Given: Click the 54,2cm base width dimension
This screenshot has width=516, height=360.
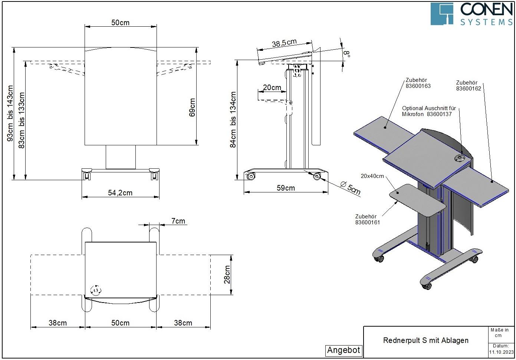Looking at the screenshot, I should (120, 193).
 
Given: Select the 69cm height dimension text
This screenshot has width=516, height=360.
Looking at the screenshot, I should (192, 108).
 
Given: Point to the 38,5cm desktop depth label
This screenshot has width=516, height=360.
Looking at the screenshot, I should (284, 43).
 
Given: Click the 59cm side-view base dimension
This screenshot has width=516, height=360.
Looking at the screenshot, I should (286, 188).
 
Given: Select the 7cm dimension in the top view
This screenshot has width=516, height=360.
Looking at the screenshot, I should (178, 221).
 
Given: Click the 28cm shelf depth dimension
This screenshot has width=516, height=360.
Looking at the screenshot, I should (227, 275).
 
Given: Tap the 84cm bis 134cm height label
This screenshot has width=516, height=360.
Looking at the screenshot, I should (233, 120).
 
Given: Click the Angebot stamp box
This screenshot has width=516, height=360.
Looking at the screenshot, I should (344, 350).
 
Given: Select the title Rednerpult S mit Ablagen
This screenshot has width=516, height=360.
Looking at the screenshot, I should (425, 340).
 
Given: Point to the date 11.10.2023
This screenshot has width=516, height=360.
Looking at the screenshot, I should (501, 352).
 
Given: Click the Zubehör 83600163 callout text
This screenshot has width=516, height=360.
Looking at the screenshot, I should (418, 83).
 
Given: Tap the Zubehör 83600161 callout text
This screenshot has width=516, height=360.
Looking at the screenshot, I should (367, 219).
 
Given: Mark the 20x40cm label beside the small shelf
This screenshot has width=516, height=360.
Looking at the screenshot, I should (372, 176).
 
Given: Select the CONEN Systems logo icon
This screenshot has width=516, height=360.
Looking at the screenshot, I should (442, 14).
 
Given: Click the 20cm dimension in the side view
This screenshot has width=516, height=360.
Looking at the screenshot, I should (272, 88).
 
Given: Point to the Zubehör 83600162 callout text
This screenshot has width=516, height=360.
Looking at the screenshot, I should (469, 86).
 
